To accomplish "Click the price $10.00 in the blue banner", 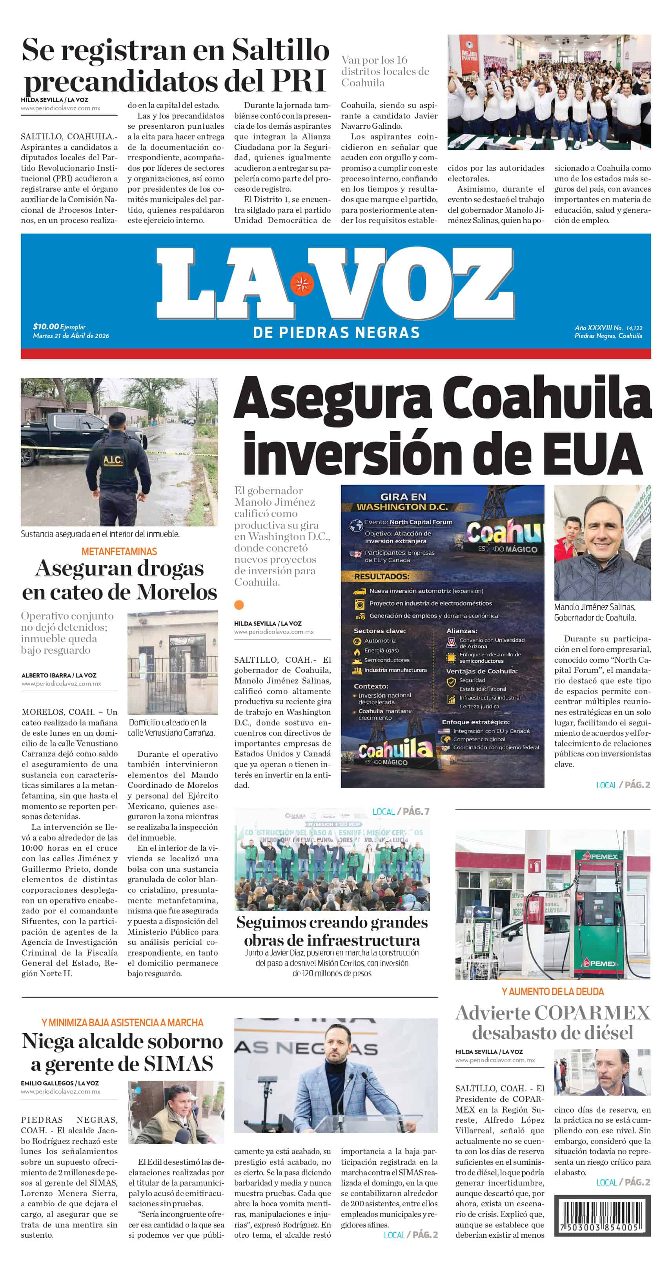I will pyautogui.click(x=46, y=326).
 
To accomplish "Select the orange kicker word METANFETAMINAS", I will pyautogui.click(x=119, y=552).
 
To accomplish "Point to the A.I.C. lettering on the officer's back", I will pyautogui.click(x=113, y=460).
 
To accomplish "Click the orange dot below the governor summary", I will pyautogui.click(x=239, y=605).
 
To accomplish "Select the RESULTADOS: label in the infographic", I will pyautogui.click(x=381, y=576).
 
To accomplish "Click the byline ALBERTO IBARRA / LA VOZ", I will pyautogui.click(x=59, y=675).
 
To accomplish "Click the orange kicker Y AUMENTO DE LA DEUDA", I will pyautogui.click(x=553, y=992).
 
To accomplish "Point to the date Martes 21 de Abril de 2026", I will pyautogui.click(x=71, y=336).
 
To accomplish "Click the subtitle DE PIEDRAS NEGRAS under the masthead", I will pyautogui.click(x=337, y=333).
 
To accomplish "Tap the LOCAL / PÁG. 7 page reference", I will pyautogui.click(x=401, y=811).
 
